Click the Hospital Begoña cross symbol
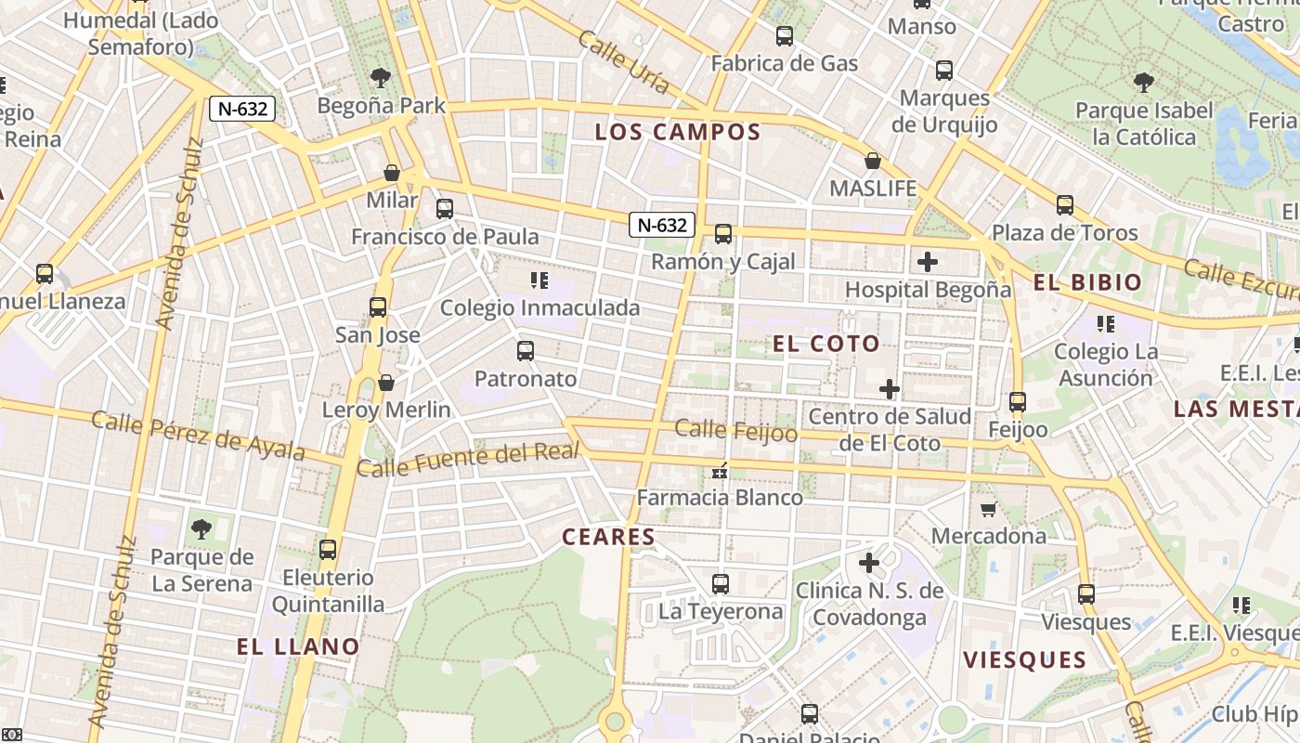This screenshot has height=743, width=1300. (x=927, y=262)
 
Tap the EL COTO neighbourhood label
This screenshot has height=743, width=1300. (x=825, y=344)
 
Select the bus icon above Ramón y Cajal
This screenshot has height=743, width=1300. (x=723, y=234)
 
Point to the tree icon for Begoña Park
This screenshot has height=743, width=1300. (x=380, y=78)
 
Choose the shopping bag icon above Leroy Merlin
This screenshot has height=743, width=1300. (x=386, y=383)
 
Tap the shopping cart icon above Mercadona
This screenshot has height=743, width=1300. (x=989, y=509)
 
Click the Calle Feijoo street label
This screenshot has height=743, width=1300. (x=735, y=430)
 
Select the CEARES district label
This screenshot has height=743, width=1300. (x=608, y=537)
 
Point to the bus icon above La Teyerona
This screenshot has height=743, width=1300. (x=721, y=584)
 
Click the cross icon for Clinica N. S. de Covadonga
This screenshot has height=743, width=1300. (x=869, y=563)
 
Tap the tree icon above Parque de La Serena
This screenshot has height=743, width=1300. (x=201, y=529)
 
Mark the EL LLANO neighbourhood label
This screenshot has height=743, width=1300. (x=298, y=646)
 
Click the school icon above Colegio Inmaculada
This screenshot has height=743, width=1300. (x=539, y=280)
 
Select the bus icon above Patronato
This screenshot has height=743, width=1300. (x=526, y=351)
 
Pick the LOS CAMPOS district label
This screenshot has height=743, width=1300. (x=677, y=132)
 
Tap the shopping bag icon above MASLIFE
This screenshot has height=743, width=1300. (x=873, y=162)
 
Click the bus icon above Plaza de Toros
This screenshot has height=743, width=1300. (x=1064, y=205)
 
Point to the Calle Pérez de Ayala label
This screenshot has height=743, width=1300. (x=198, y=436)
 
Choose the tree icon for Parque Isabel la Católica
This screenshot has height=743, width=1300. (x=1144, y=83)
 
